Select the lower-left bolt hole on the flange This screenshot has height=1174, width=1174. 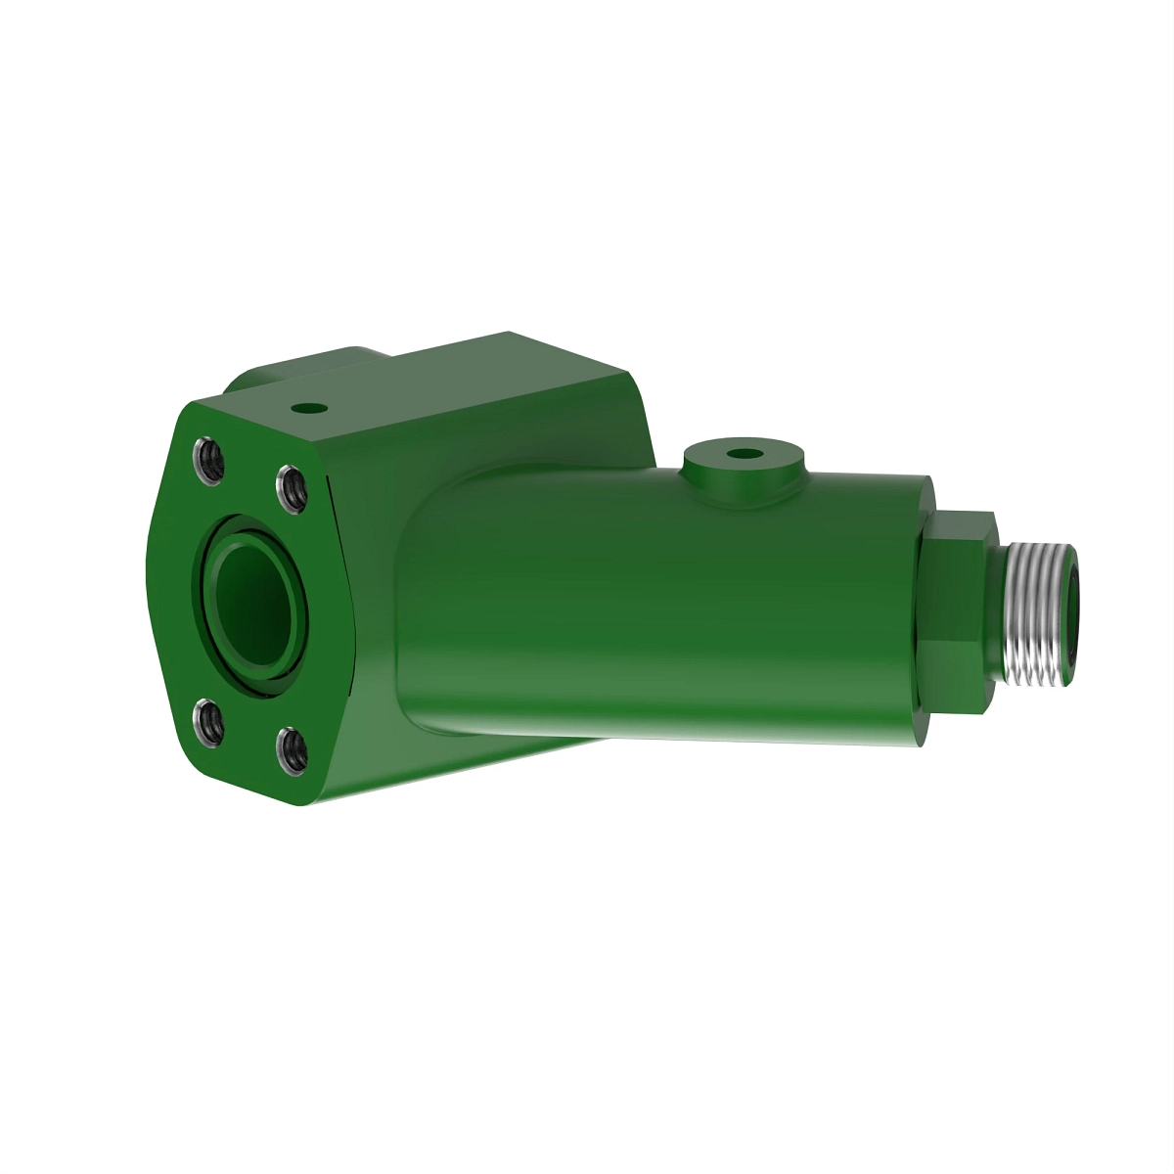click(x=209, y=722)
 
